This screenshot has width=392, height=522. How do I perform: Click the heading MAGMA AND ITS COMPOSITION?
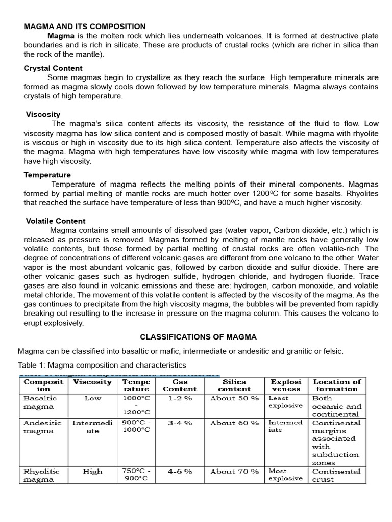coord(85,26)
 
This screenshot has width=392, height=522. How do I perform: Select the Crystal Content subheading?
coord(53,68)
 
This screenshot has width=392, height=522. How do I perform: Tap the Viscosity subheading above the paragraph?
coord(43,115)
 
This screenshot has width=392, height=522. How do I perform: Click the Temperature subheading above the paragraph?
coord(47,175)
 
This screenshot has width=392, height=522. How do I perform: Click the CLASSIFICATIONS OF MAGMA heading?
coord(199,337)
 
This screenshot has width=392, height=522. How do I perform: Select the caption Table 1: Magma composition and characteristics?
coord(102,365)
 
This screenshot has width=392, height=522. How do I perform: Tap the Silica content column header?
coord(234,385)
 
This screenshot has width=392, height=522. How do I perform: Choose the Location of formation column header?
coord(336,385)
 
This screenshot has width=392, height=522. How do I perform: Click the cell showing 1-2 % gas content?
coord(180,398)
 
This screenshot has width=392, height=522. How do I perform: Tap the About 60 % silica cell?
coord(234,423)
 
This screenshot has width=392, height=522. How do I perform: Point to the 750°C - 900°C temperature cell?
coord(136,475)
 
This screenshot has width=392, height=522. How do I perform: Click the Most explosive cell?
coord(285,475)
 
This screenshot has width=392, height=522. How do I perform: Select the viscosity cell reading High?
coord(92,472)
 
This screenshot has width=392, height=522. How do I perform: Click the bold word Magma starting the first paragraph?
coord(61,36)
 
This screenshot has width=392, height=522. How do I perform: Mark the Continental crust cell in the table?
coord(336,475)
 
